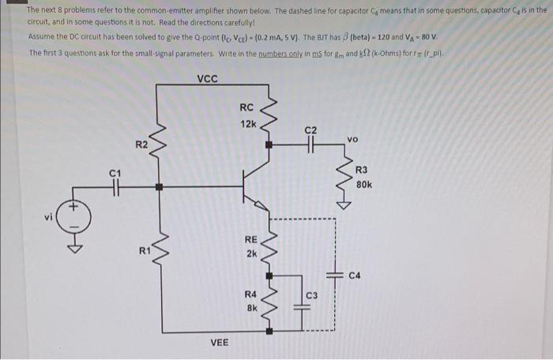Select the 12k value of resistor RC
247,124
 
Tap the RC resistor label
246,108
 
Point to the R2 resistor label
141,144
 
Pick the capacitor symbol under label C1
115,188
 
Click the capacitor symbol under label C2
310,146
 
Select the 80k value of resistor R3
364,185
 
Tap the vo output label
352,139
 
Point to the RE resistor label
250,238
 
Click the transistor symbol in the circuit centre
257,188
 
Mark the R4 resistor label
250,294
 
